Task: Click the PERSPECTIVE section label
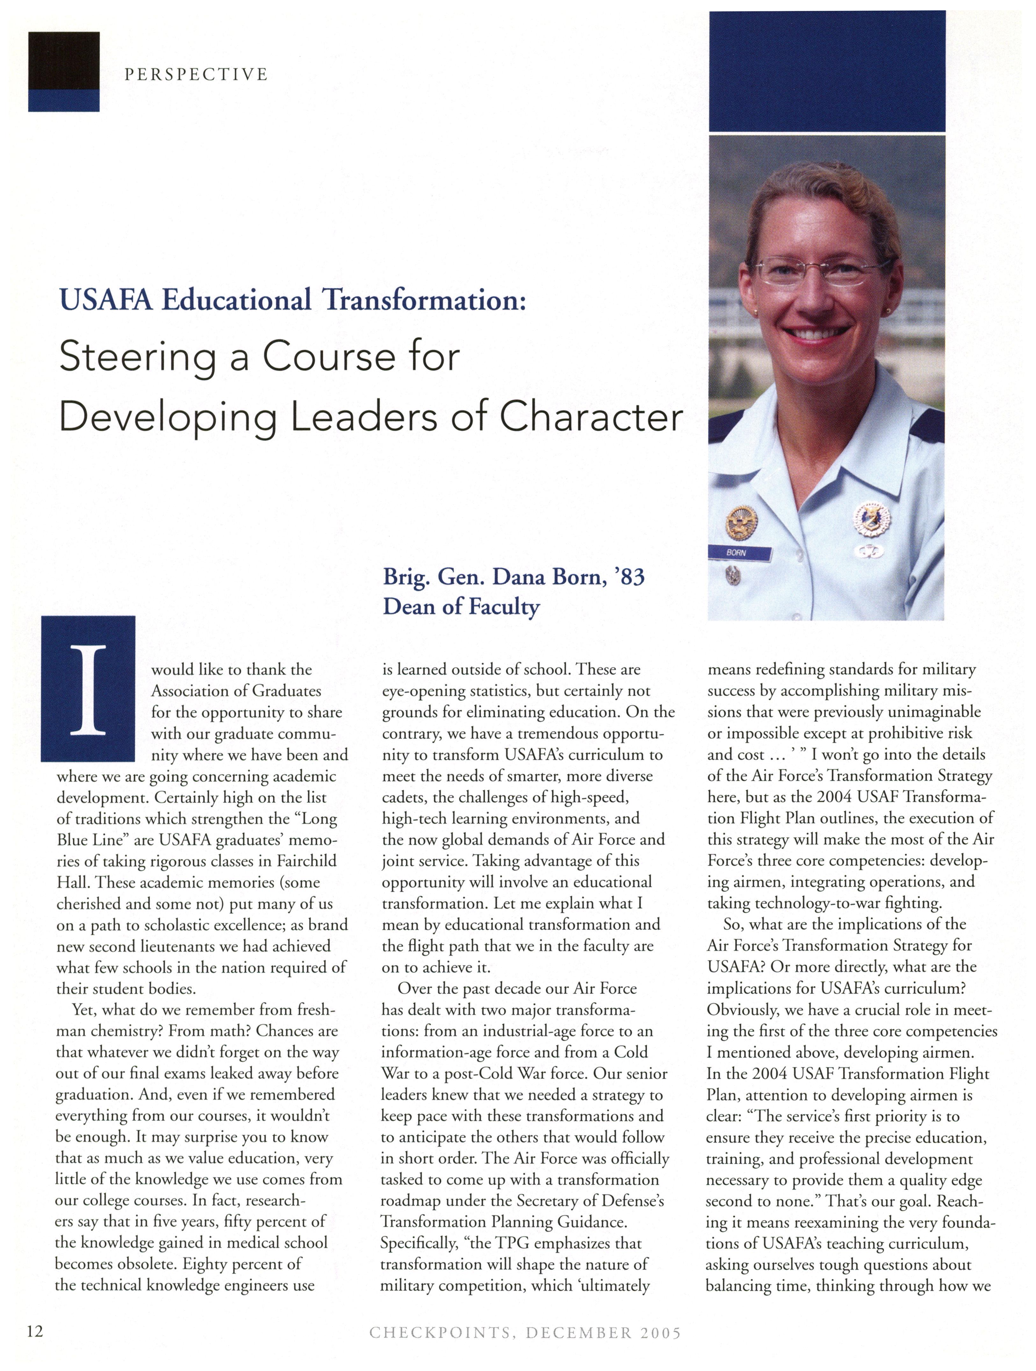[196, 75]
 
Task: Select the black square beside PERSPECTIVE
[63, 61]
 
